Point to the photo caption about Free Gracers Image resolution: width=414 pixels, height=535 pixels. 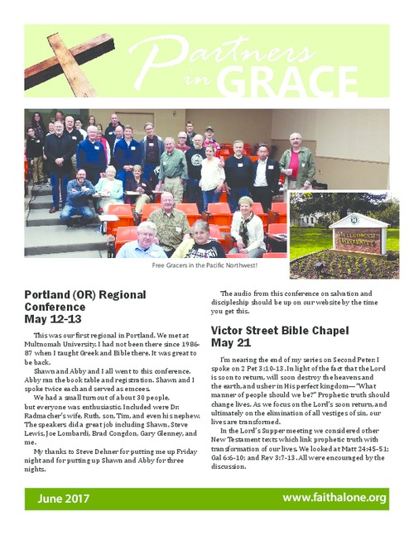click(206, 265)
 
